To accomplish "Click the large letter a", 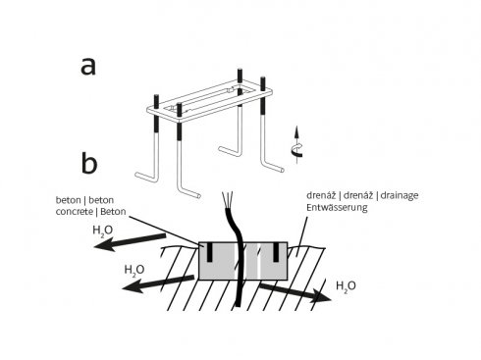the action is [x=88, y=67].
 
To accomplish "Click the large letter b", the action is [x=89, y=163].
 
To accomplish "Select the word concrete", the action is [x=74, y=212].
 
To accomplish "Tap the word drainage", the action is [x=400, y=196].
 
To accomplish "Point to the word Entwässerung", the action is [x=337, y=207].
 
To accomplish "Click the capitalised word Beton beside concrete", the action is [x=113, y=212].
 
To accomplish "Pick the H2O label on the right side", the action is [x=346, y=286].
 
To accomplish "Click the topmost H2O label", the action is [x=103, y=231].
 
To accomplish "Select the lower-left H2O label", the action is [x=134, y=270].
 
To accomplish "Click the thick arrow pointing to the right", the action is [x=295, y=291].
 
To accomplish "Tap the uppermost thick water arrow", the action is [x=130, y=242].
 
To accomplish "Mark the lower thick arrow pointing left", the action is [x=158, y=283].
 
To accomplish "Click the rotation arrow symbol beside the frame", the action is [x=296, y=145].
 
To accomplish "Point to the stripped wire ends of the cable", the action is [x=227, y=199].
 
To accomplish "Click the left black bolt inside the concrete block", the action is [x=209, y=252].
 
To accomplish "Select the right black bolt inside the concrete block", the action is [x=276, y=252].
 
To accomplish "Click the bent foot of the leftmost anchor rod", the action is [x=146, y=177].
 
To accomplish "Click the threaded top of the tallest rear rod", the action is [x=240, y=76].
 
